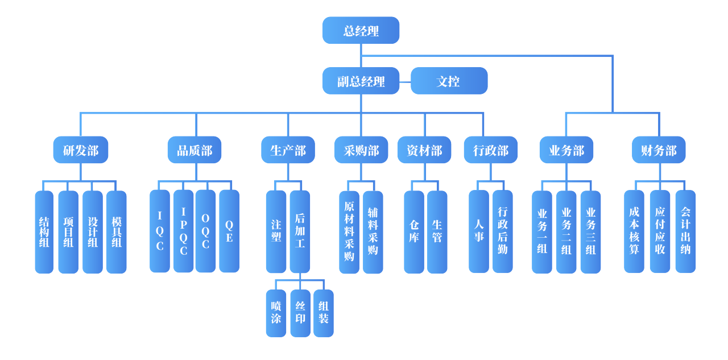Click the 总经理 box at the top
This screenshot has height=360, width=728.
pyautogui.click(x=361, y=30)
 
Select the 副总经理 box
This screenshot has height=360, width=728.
pyautogui.click(x=361, y=81)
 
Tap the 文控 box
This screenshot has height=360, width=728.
pyautogui.click(x=449, y=81)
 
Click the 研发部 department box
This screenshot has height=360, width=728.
pyautogui.click(x=80, y=150)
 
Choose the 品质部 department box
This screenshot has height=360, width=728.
pyautogui.click(x=195, y=150)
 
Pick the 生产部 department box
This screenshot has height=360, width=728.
pyautogui.click(x=288, y=150)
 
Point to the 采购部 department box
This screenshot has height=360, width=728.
pyautogui.click(x=361, y=150)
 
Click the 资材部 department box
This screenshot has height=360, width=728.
pyautogui.click(x=424, y=150)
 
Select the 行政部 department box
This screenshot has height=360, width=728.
pyautogui.click(x=491, y=150)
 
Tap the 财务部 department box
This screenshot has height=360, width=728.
pyautogui.click(x=659, y=150)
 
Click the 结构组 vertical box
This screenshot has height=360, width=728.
pyautogui.click(x=44, y=231)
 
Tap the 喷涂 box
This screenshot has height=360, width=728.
pyautogui.click(x=276, y=313)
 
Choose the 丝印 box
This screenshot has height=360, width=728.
pyautogui.click(x=300, y=313)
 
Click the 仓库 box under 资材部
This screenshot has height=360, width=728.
pyautogui.click(x=414, y=231)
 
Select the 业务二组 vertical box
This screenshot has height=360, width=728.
pyautogui.click(x=566, y=231)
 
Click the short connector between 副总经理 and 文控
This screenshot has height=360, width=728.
pyautogui.click(x=405, y=81)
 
